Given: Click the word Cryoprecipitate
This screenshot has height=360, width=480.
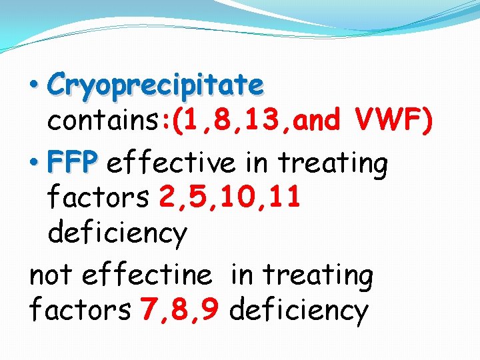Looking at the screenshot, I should (x=156, y=85).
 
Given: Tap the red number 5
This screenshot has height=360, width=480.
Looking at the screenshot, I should (x=197, y=197).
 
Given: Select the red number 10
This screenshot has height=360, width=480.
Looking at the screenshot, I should (x=237, y=197).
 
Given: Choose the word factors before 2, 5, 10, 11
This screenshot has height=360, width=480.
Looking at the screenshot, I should (x=100, y=197).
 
